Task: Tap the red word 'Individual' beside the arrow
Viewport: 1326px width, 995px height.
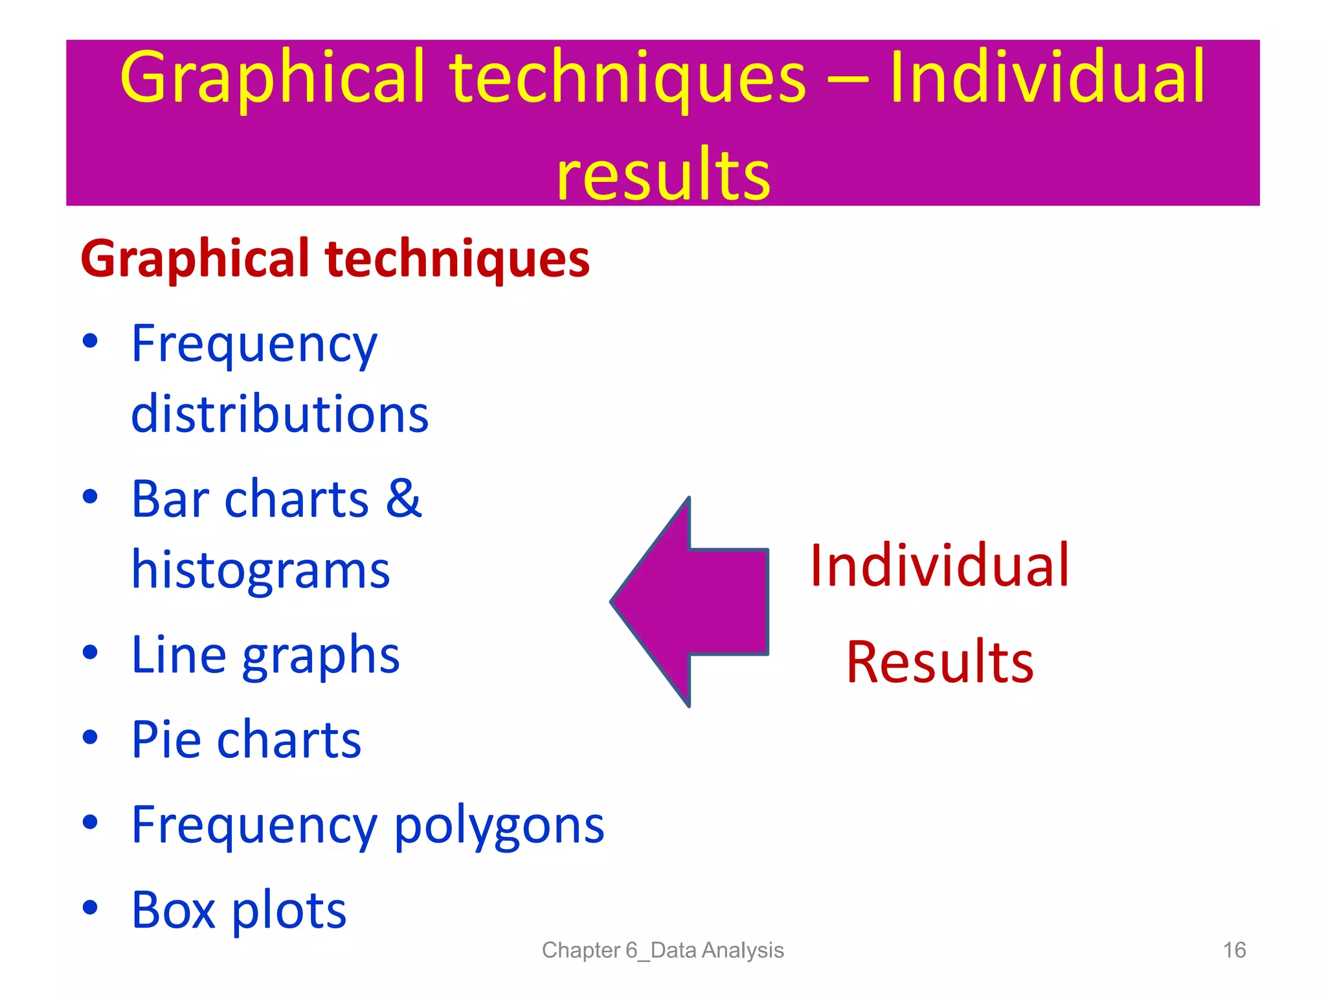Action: coord(939,566)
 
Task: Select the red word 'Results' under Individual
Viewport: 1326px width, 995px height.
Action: coord(939,661)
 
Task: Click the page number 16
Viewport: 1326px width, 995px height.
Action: coord(1234,950)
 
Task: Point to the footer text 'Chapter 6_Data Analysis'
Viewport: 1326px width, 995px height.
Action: coord(662,950)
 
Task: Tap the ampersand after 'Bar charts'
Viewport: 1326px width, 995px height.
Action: coord(403,498)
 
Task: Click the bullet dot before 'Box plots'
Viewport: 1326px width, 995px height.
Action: coord(91,908)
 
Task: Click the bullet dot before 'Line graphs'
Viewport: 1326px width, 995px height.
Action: coord(91,652)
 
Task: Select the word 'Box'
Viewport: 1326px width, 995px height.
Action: coord(173,909)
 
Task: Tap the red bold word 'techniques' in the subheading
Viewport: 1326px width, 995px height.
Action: coord(457,259)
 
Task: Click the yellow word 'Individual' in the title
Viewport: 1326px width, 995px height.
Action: coord(1047,78)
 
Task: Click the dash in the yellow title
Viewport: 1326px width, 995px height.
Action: coord(848,82)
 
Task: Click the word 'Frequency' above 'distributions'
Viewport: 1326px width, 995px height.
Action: coord(254,345)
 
